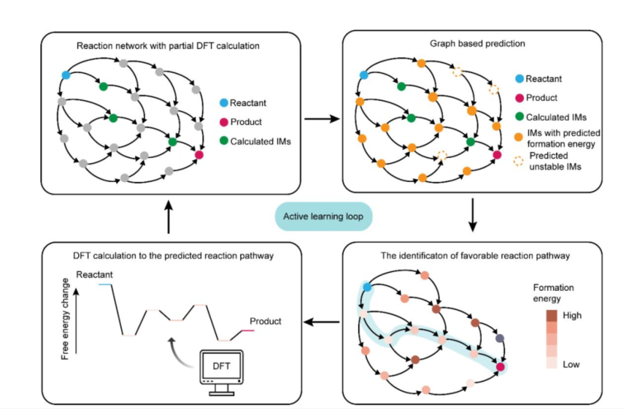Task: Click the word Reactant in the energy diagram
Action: [x=95, y=275]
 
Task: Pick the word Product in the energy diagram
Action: [x=265, y=321]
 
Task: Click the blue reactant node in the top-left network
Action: [x=65, y=75]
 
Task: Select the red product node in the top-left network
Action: [x=199, y=155]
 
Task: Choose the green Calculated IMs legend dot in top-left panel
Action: [x=221, y=141]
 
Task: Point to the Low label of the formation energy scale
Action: [x=571, y=364]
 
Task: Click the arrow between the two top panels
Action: [x=321, y=119]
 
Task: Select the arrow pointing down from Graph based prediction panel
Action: [x=473, y=217]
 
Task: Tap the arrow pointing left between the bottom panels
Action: [x=321, y=323]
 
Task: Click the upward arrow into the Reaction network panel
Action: [x=171, y=217]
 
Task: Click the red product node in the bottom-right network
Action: [x=500, y=366]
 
